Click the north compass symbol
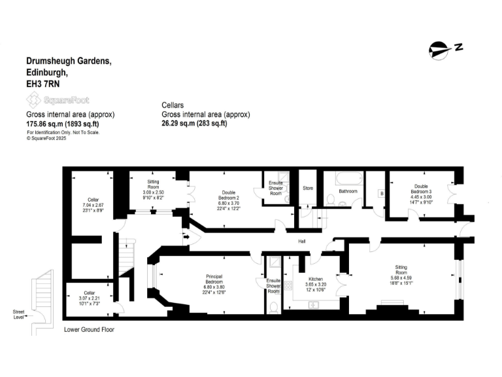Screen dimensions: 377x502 point(445,48)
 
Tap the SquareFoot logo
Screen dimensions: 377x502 point(58,100)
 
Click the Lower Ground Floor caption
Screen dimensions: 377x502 point(89,330)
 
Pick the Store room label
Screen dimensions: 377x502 point(308,188)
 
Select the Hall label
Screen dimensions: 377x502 point(302,242)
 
